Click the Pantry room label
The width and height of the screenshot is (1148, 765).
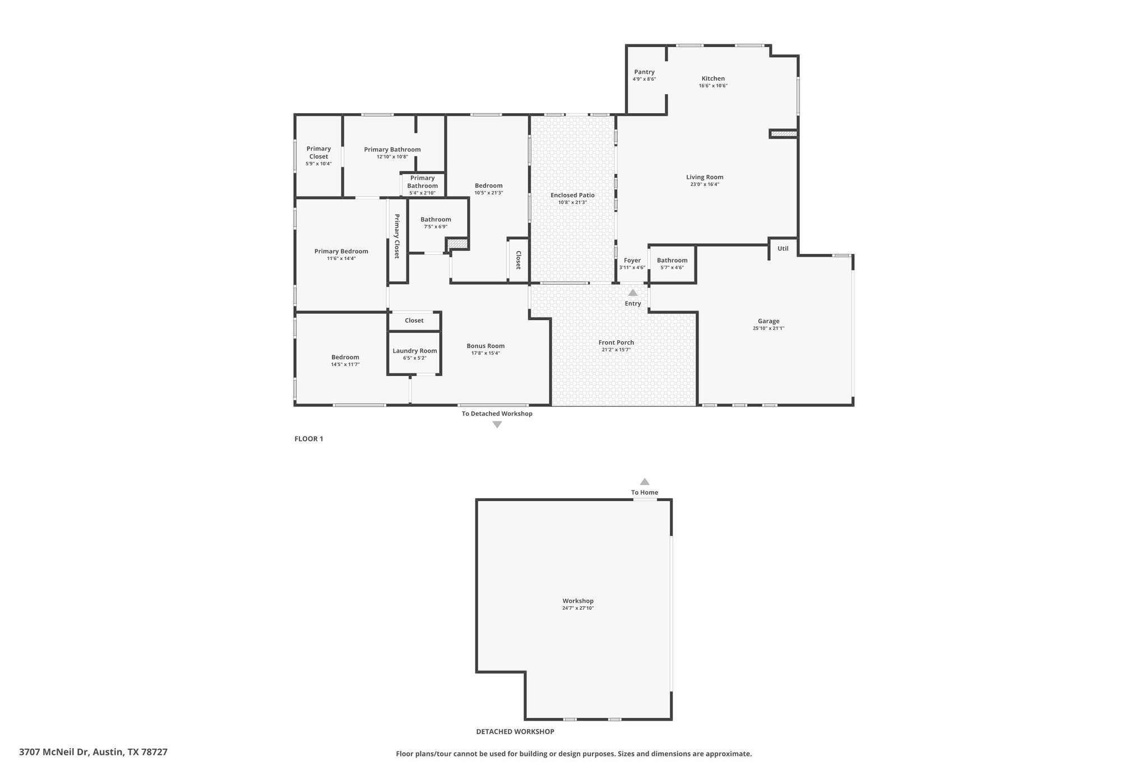pyautogui.click(x=644, y=72)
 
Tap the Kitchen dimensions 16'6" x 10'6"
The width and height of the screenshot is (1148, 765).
pyautogui.click(x=713, y=86)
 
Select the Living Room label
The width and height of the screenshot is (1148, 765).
pyautogui.click(x=705, y=177)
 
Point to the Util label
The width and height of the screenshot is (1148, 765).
pyautogui.click(x=783, y=248)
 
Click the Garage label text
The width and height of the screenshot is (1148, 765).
pyautogui.click(x=769, y=321)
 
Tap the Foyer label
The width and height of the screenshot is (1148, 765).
pyautogui.click(x=632, y=260)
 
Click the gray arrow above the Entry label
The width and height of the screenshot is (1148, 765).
pyautogui.click(x=633, y=293)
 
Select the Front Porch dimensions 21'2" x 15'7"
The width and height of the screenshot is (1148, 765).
pyautogui.click(x=616, y=350)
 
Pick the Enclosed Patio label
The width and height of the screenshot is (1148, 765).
pyautogui.click(x=572, y=195)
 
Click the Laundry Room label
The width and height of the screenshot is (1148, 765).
pyautogui.click(x=415, y=351)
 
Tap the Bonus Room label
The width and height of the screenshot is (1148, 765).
pyautogui.click(x=485, y=346)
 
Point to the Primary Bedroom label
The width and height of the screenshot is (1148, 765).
pyautogui.click(x=341, y=251)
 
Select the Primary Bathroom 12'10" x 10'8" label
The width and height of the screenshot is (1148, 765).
pyautogui.click(x=392, y=150)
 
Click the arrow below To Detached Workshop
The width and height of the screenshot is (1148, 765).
pyautogui.click(x=497, y=424)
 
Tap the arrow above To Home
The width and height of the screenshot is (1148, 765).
pyautogui.click(x=645, y=481)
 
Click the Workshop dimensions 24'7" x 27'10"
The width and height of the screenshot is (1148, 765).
pyautogui.click(x=578, y=608)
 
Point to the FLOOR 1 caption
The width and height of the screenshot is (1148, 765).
pyautogui.click(x=309, y=439)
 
